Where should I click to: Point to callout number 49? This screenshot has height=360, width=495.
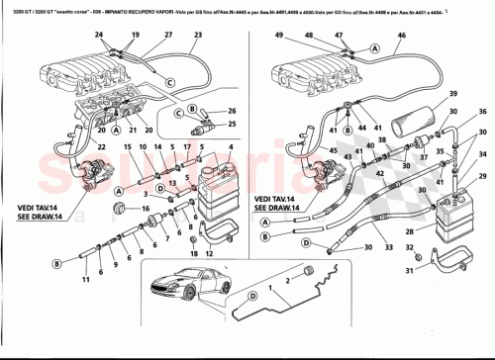click(279, 36)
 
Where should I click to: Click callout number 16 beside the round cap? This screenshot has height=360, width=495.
click(146, 210)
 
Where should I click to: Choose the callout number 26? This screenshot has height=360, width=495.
click(232, 111)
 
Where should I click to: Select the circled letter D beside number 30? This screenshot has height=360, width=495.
click(307, 243)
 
